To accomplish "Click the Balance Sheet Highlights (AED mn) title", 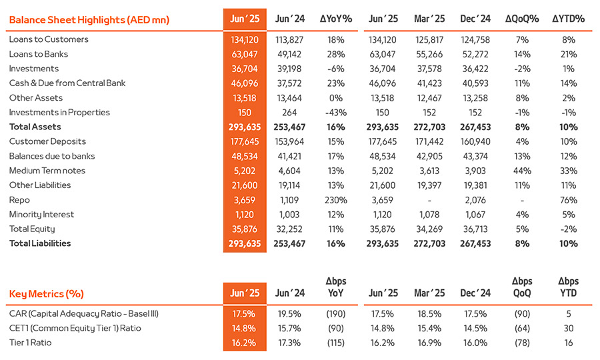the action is [x=89, y=20].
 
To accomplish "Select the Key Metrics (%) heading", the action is [x=46, y=294].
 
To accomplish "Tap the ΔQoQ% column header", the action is [x=522, y=19].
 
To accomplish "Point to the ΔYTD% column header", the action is [x=568, y=19].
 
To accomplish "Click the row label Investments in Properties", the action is [x=59, y=113].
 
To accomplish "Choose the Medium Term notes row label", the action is [x=47, y=171].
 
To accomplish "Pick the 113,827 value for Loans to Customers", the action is [x=289, y=40].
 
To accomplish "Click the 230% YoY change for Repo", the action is [x=335, y=200].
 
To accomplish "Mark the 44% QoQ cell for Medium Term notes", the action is [x=522, y=171].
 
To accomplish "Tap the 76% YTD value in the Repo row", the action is [x=568, y=200].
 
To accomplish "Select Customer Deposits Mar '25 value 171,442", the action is [x=429, y=141].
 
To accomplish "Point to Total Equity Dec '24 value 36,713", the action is [x=475, y=229].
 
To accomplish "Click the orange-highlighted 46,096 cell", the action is [x=245, y=83].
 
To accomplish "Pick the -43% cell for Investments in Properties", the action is [x=335, y=113].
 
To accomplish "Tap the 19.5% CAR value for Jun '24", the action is [x=289, y=314].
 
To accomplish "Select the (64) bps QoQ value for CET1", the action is [x=522, y=328].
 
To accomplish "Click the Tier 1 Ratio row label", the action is [x=30, y=343].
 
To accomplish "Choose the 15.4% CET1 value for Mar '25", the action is [x=429, y=328].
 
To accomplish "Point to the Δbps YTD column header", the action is [x=568, y=287].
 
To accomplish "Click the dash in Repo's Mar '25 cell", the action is [x=429, y=201].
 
